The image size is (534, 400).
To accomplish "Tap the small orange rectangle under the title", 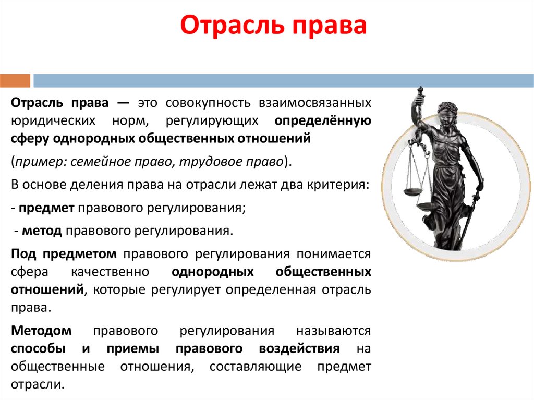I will click(15, 81).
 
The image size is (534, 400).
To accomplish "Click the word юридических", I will click(54, 121).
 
